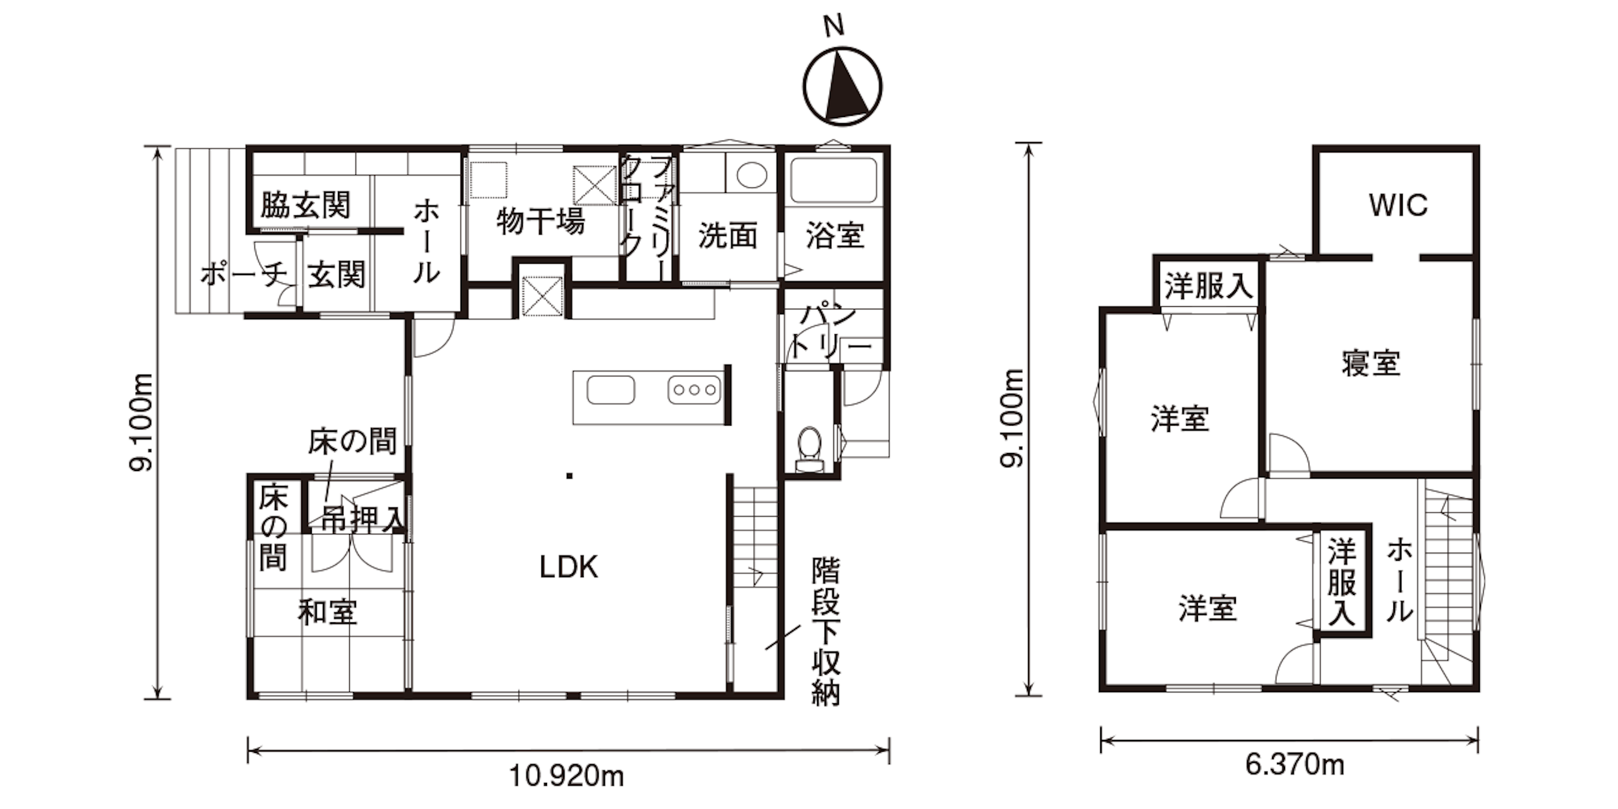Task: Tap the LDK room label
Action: point(569,567)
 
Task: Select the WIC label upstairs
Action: point(1398,205)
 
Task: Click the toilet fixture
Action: point(809,449)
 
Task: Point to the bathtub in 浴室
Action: point(833,180)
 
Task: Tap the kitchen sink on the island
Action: point(610,390)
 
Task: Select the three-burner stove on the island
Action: point(694,390)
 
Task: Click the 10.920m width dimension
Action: point(566,777)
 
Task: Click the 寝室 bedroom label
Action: point(1371,363)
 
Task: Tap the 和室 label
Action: point(328,612)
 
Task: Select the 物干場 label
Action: point(541,222)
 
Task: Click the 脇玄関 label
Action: point(306,205)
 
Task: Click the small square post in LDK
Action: point(569,476)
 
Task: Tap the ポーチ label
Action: point(244,274)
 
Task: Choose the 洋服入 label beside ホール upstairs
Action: point(1342,581)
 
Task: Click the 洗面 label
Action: point(727,236)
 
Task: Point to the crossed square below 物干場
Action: point(542,296)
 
